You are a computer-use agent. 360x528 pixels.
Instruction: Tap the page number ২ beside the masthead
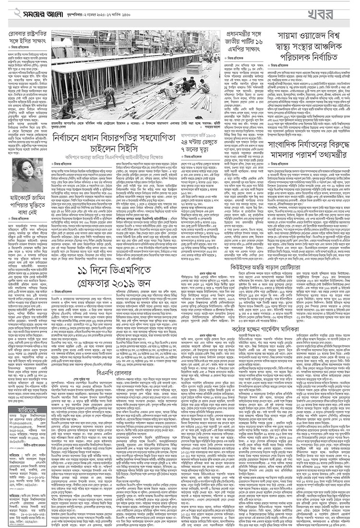coord(7,12)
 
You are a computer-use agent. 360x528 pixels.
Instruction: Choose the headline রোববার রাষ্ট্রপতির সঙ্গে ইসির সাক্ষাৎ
coord(26,37)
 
